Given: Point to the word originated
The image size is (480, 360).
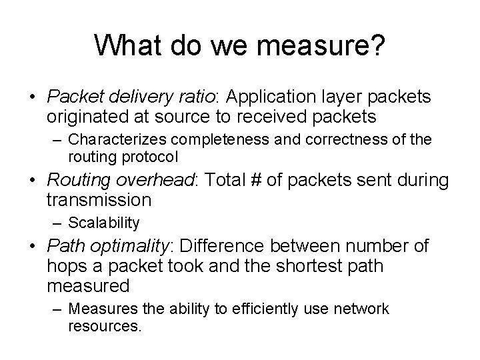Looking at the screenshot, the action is point(86,117).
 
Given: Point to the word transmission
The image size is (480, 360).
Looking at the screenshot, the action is point(99,201).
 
